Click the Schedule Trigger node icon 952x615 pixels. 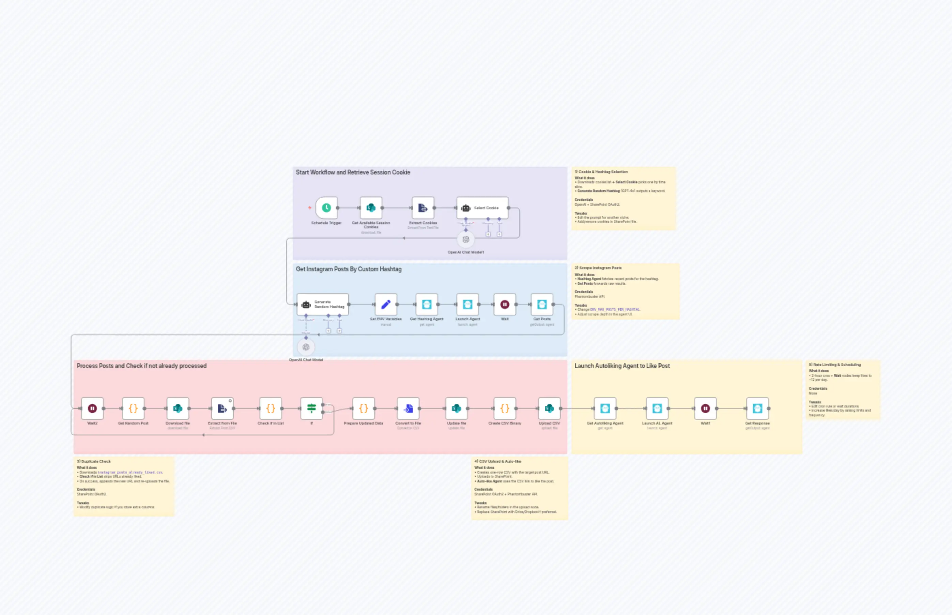click(326, 207)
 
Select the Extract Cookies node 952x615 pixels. click(423, 207)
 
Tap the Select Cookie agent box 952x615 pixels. click(482, 207)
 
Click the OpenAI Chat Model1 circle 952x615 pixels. click(466, 240)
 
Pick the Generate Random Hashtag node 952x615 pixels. click(323, 305)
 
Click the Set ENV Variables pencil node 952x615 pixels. click(386, 305)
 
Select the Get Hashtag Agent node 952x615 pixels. click(427, 305)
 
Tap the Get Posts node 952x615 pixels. click(542, 305)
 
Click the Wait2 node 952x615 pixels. click(92, 409)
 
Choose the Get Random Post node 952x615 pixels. click(133, 409)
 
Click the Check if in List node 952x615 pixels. click(271, 409)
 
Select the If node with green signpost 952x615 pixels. click(311, 409)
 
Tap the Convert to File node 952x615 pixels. click(408, 409)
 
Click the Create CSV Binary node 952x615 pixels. click(505, 409)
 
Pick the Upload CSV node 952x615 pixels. click(550, 409)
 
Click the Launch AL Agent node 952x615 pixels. click(657, 409)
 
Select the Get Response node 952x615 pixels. click(757, 409)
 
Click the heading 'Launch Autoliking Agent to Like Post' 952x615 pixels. click(622, 366)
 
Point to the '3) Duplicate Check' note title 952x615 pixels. click(94, 461)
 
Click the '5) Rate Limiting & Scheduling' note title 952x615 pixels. click(834, 365)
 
